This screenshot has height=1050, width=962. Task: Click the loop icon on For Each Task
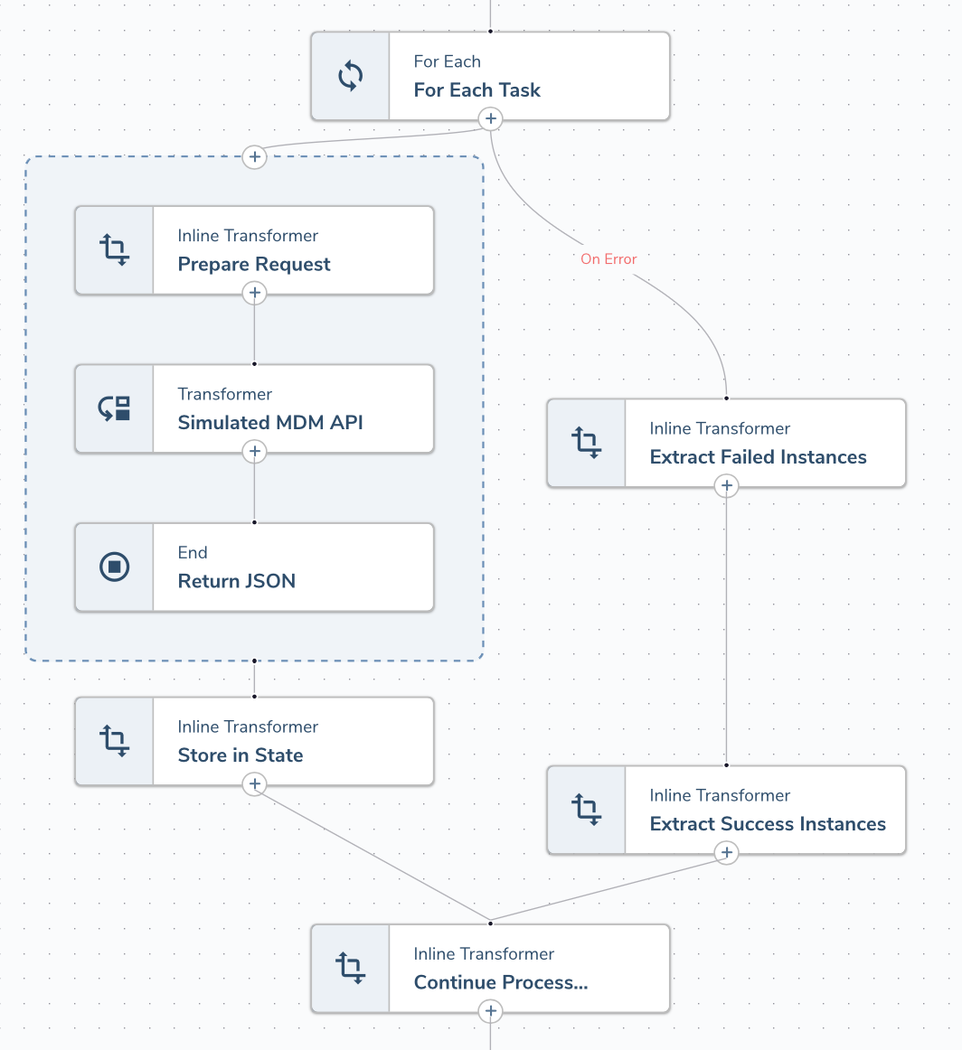351,76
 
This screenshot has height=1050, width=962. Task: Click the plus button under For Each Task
490,118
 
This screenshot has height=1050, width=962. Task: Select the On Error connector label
608,259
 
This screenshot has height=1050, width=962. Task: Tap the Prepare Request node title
254,265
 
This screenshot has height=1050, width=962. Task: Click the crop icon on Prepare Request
114,250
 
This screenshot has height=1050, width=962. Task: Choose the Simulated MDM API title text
270,423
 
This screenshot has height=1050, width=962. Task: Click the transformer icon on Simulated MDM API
114,408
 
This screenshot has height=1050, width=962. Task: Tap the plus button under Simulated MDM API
255,451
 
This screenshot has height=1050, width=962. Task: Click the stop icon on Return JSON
114,567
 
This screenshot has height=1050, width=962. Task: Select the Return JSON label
237,581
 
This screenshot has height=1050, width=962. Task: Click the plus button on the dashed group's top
255,157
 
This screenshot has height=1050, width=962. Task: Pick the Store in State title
240,755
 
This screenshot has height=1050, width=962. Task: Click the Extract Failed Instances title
758,457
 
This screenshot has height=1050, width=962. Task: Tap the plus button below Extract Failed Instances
727,486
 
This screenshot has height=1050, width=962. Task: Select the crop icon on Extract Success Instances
586,810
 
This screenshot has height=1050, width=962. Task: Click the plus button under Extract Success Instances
727,852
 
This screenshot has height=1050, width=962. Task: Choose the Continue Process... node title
501,982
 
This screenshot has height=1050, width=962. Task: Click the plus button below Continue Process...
490,1010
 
